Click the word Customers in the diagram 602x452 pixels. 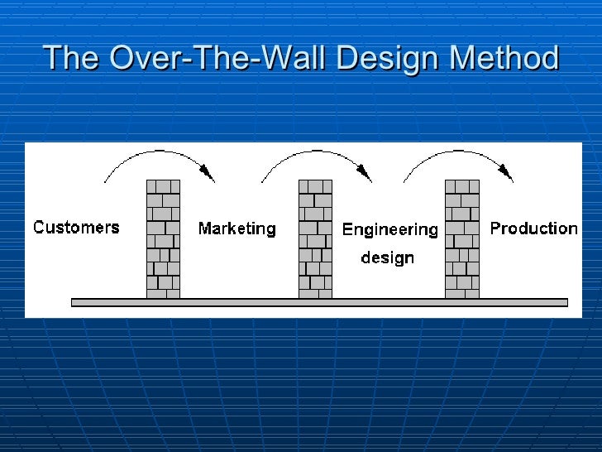tap(76, 227)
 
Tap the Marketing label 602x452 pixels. tap(236, 228)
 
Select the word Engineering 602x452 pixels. tap(389, 229)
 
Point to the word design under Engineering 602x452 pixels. tap(387, 257)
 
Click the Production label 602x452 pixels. tap(533, 228)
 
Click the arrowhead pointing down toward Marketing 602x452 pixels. tap(209, 175)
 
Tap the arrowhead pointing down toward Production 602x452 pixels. tap(508, 175)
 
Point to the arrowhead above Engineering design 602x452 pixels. tap(364, 175)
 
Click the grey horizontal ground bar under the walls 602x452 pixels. tap(319, 302)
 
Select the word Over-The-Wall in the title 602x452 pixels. tap(214, 58)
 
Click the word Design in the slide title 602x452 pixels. tap(383, 58)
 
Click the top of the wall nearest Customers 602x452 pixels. tap(163, 183)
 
